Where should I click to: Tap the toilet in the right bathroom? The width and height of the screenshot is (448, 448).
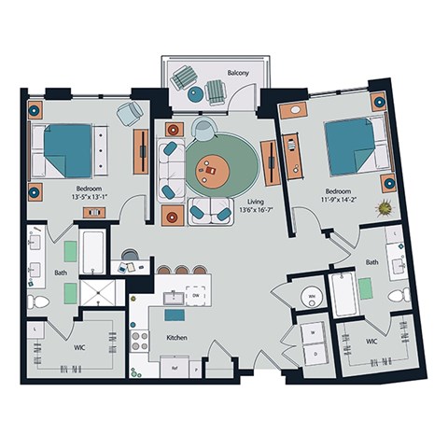tap(399, 296)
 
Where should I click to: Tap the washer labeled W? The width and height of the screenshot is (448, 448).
tap(310, 330)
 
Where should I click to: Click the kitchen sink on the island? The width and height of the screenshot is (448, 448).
tap(173, 298)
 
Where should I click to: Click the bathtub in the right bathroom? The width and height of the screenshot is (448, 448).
tap(343, 296)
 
